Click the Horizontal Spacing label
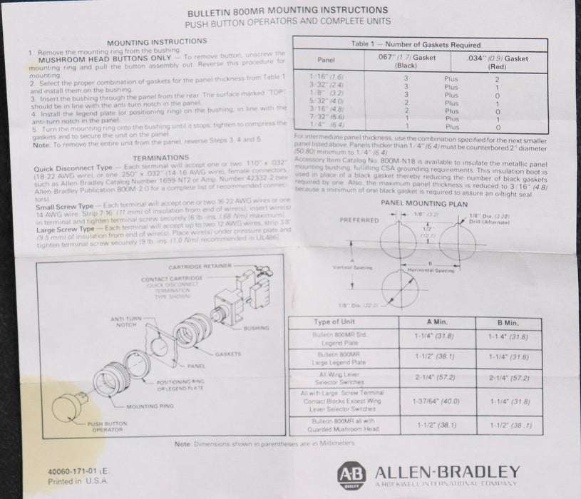(x=430, y=272)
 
